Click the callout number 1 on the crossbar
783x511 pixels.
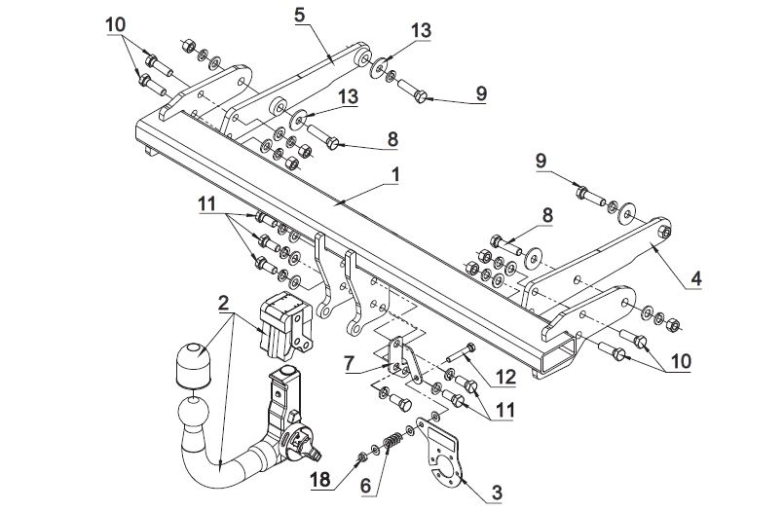pyautogui.click(x=395, y=175)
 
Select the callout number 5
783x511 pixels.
pyautogui.click(x=299, y=15)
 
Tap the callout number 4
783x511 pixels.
pyautogui.click(x=695, y=278)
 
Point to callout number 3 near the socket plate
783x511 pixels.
pyautogui.click(x=497, y=493)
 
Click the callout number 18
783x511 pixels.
pyautogui.click(x=320, y=480)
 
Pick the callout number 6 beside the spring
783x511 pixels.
pyautogui.click(x=366, y=486)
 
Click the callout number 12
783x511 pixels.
pyautogui.click(x=504, y=377)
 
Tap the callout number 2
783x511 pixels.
pyautogui.click(x=223, y=302)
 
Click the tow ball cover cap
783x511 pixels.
pyautogui.click(x=193, y=364)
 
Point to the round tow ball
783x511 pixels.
pyautogui.click(x=192, y=410)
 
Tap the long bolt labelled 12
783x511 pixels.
pyautogui.click(x=461, y=352)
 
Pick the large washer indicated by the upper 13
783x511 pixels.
pyautogui.click(x=379, y=67)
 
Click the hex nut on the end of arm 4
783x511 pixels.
pyautogui.click(x=664, y=231)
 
